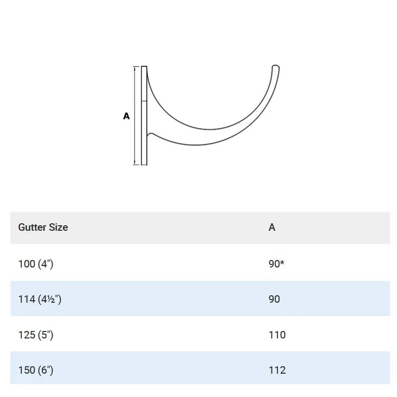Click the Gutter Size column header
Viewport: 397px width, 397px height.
point(43,227)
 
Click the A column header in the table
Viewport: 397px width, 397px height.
point(272,227)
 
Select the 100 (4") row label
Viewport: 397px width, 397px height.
point(36,264)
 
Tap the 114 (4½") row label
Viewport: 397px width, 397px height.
point(40,299)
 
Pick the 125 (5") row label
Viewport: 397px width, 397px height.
point(36,335)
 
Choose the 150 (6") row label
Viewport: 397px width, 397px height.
point(36,370)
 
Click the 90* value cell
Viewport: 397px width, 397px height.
point(276,264)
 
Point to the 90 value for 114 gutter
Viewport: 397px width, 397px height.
point(274,299)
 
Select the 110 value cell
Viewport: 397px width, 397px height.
point(277,335)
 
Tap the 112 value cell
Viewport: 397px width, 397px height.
point(277,370)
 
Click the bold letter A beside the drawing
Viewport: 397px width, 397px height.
point(127,116)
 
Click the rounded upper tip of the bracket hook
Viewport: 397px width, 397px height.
point(275,66)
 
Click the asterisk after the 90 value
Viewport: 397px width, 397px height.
point(282,263)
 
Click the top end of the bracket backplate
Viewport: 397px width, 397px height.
point(144,67)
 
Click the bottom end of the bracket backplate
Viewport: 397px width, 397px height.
point(144,164)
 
